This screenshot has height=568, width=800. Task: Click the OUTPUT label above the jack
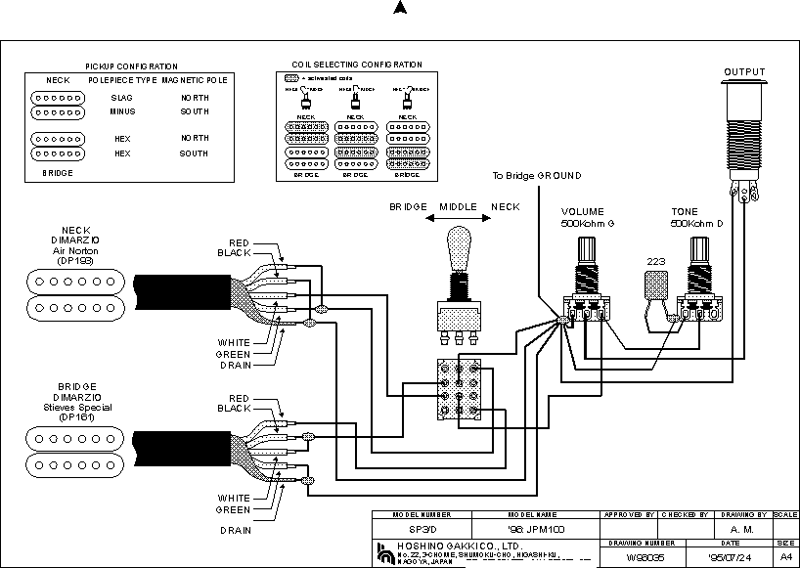click(x=744, y=71)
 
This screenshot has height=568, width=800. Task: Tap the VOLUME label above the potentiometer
click(x=582, y=211)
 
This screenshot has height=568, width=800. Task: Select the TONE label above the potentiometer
click(x=684, y=211)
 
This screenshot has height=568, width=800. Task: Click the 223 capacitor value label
click(x=655, y=261)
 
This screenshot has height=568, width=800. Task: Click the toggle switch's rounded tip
click(x=455, y=241)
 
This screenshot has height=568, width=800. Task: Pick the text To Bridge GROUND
click(x=536, y=176)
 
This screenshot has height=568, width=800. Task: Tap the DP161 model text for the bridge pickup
click(x=74, y=417)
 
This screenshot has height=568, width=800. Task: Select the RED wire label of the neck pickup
click(x=239, y=242)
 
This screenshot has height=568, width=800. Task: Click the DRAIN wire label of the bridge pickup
click(x=235, y=530)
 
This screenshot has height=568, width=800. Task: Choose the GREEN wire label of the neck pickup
click(x=234, y=353)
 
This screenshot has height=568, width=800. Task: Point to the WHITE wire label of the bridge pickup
click(x=234, y=497)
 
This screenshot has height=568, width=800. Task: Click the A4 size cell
click(x=785, y=556)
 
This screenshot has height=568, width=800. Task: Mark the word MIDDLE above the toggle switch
click(x=457, y=207)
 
